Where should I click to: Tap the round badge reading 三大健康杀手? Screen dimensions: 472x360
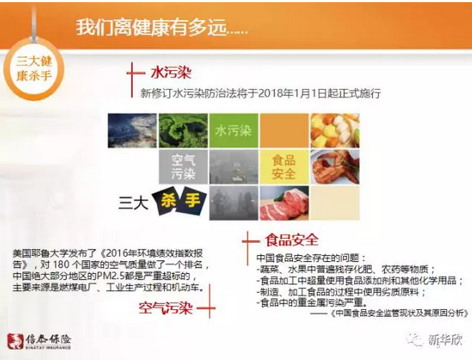pos(34,69)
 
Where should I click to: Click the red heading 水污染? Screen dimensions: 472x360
pos(171,73)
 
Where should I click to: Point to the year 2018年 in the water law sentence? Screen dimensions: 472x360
pos(275,93)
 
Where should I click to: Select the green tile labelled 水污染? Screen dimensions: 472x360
pos(234,131)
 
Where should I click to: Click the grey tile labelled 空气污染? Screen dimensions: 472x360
pos(184,166)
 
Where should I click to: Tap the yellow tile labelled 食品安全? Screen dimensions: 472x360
pos(284,166)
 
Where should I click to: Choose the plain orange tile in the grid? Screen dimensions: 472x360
pos(284,131)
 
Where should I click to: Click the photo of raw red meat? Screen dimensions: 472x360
pos(284,203)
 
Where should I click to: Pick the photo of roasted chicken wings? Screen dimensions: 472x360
pos(335,166)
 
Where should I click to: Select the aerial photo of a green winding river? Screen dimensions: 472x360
pos(184,131)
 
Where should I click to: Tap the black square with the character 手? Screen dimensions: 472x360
pos(192,201)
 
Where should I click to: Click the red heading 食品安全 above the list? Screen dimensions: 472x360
pos(291,240)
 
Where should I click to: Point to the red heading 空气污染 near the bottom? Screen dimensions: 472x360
pos(166,308)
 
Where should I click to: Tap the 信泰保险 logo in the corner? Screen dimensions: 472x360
pos(39,341)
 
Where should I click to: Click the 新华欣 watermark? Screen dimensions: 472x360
pos(435,340)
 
